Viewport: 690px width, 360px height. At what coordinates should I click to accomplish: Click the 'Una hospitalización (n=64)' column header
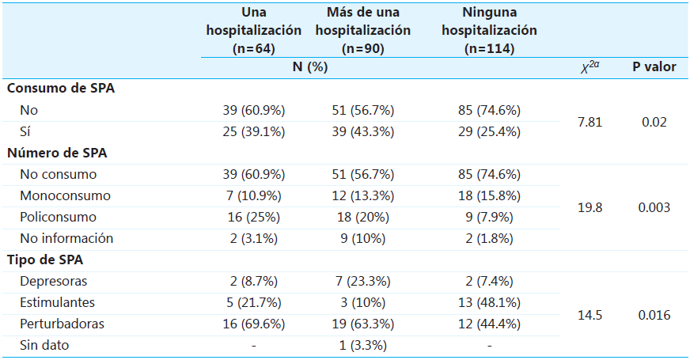click(x=253, y=30)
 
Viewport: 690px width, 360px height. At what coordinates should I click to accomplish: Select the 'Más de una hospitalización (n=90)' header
click(x=368, y=30)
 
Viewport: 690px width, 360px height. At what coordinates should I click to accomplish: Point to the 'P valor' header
click(x=654, y=67)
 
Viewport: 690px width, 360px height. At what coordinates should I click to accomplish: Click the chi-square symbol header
click(x=590, y=67)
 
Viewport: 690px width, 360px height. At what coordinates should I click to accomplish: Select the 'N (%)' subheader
click(x=310, y=67)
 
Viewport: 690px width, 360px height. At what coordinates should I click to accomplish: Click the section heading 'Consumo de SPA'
click(x=61, y=89)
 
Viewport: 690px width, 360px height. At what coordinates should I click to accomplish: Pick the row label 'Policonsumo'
click(x=59, y=217)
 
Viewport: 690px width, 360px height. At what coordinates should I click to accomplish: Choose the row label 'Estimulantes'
click(x=58, y=303)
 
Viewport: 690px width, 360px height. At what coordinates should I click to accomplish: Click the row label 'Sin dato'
click(x=46, y=346)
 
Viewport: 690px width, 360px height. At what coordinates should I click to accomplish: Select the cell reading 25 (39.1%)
click(x=253, y=131)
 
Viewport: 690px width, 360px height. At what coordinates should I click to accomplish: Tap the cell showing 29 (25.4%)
click(x=488, y=131)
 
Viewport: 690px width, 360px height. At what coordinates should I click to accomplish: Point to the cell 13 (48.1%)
click(x=488, y=303)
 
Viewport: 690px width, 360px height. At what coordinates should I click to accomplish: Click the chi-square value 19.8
click(x=590, y=207)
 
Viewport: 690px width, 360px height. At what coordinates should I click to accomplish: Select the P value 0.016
click(x=654, y=314)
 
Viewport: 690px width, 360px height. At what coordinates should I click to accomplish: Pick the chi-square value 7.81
click(x=590, y=121)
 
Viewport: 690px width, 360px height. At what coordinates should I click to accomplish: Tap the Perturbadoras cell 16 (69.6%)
click(x=253, y=324)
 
